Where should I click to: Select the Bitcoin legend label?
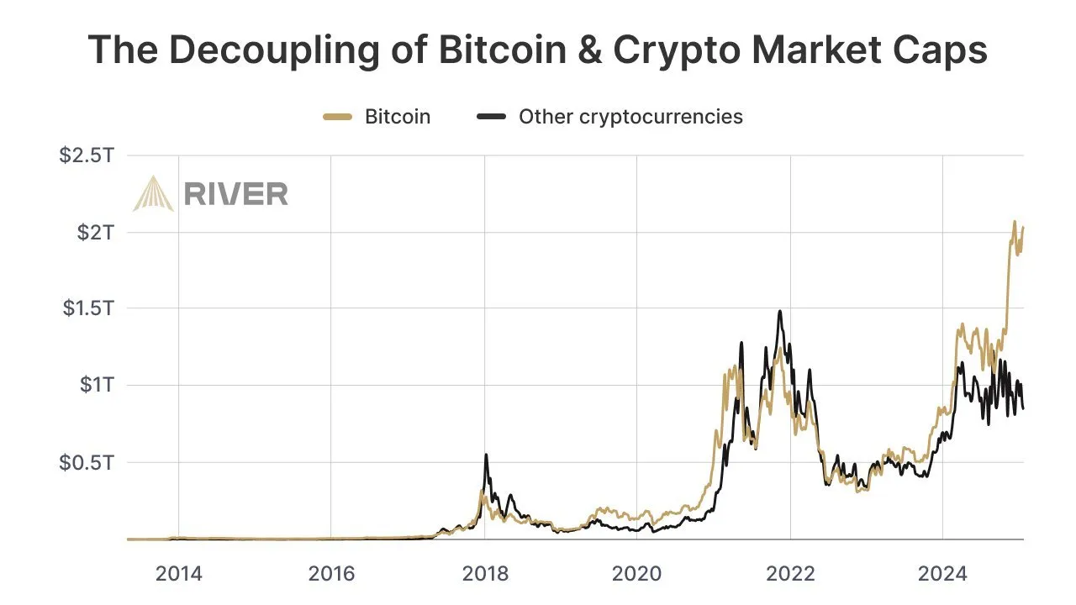(x=397, y=117)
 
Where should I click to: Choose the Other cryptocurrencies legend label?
(x=630, y=117)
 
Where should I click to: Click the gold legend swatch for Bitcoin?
(x=337, y=117)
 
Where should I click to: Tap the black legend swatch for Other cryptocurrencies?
(x=491, y=117)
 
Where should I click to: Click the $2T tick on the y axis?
(x=95, y=232)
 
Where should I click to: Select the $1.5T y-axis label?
(x=87, y=308)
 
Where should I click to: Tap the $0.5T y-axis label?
(x=87, y=462)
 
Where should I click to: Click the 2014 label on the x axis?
(x=179, y=575)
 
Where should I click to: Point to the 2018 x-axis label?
(x=485, y=575)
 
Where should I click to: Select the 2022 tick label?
(x=791, y=575)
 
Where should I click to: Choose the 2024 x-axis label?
(x=943, y=575)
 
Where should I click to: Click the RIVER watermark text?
(x=235, y=194)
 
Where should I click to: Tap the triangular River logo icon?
(x=153, y=193)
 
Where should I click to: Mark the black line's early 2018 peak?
(x=486, y=455)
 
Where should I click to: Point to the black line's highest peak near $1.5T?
(x=780, y=312)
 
